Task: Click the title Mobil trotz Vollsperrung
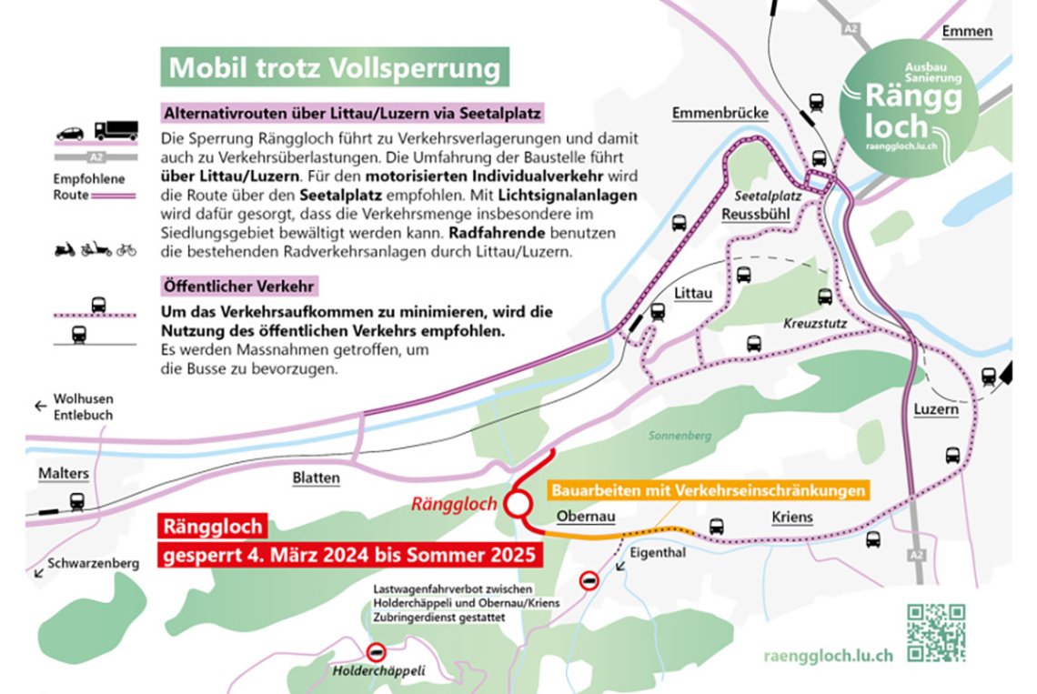click(x=335, y=68)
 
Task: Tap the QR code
click(x=935, y=632)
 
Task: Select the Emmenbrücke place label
click(x=720, y=114)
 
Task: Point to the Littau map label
click(x=692, y=293)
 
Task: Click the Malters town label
click(x=64, y=474)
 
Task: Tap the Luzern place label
click(x=936, y=409)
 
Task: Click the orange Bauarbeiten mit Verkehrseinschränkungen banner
click(x=706, y=490)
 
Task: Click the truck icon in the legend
click(x=116, y=130)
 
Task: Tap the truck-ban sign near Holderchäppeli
click(x=376, y=652)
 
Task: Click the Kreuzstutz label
click(x=810, y=324)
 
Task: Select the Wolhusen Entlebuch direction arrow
click(x=40, y=407)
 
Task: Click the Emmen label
click(x=967, y=32)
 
